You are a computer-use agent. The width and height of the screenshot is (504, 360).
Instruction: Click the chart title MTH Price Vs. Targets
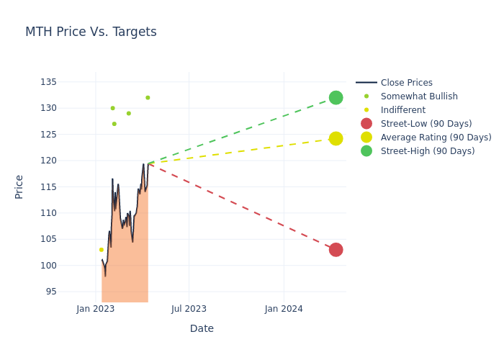[x=91, y=32]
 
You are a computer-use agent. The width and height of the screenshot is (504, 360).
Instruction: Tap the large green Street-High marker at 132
[x=336, y=98]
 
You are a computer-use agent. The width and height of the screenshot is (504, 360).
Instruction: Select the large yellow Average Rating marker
[x=336, y=138]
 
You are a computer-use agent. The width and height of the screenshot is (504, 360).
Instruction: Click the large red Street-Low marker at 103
[x=336, y=250]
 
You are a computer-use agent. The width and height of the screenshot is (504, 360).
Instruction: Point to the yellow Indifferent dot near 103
[x=102, y=250]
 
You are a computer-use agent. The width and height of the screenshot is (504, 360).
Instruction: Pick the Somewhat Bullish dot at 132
[x=148, y=98]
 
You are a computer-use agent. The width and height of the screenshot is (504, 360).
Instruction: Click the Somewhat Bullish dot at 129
[x=129, y=114]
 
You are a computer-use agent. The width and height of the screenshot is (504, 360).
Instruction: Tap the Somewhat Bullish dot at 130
[x=112, y=108]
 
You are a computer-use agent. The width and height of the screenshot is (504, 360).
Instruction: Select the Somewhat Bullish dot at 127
[x=114, y=124]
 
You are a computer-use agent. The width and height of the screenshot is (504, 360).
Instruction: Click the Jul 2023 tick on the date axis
[x=189, y=309]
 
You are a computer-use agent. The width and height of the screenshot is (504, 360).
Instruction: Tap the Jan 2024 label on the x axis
[x=284, y=309]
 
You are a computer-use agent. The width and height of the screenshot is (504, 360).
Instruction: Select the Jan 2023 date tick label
[x=96, y=309]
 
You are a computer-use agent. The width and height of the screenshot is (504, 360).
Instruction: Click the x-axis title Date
[x=202, y=329]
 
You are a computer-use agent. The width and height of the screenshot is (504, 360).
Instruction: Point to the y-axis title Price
[x=19, y=186]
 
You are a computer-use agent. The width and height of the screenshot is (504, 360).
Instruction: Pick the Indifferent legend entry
[x=402, y=110]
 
